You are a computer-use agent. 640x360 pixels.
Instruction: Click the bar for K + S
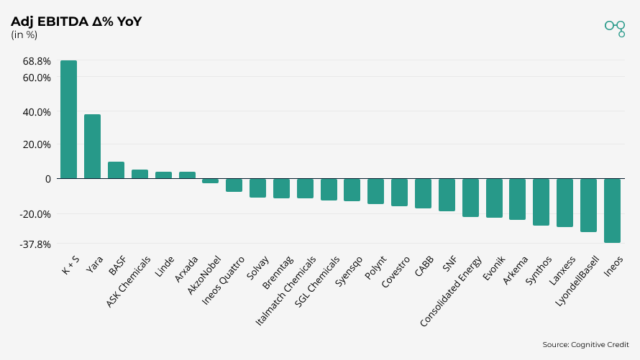tap(68, 119)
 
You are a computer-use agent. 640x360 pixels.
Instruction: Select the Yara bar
tap(92, 147)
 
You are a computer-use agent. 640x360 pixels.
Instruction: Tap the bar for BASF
tap(116, 170)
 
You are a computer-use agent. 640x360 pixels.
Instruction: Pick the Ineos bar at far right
tap(612, 211)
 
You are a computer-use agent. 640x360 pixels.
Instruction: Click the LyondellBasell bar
tap(588, 205)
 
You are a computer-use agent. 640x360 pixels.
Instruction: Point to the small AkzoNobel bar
tap(210, 180)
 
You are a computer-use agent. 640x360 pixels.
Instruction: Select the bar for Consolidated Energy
tap(470, 198)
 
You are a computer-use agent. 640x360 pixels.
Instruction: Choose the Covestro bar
tap(399, 192)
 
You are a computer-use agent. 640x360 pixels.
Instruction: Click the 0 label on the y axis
tap(47, 179)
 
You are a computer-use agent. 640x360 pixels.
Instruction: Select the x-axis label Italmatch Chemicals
tap(287, 290)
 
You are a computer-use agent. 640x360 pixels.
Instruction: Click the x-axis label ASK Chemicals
tap(129, 281)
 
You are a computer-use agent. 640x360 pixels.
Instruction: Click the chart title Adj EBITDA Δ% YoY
tap(76, 22)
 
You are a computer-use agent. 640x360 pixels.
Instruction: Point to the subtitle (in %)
tap(24, 34)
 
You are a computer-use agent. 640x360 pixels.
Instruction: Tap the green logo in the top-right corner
tap(615, 27)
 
